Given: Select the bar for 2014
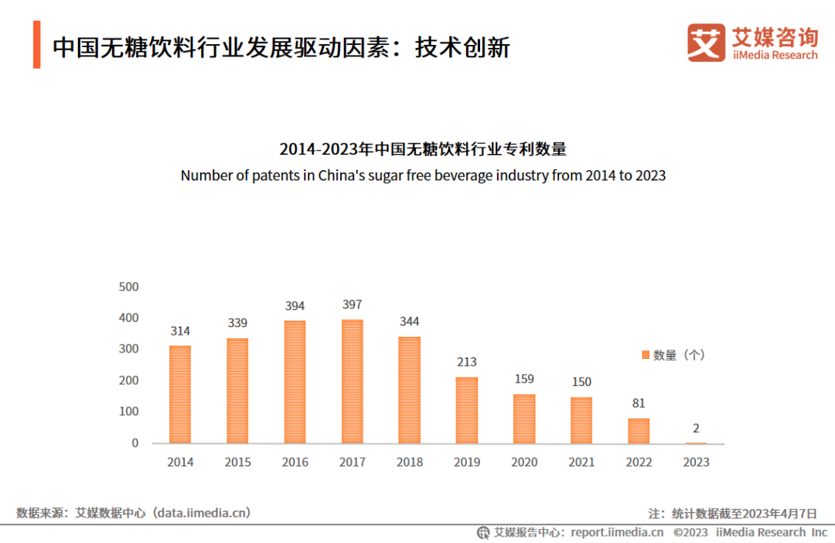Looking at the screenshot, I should [x=180, y=394].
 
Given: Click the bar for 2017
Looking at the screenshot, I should [x=352, y=381].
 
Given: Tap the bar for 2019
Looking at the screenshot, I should [x=466, y=410].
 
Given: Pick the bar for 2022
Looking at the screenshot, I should [x=639, y=431].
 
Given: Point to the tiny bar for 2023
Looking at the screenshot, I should [x=696, y=443].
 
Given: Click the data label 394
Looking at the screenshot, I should [x=295, y=306].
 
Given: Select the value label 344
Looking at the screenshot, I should [x=409, y=321].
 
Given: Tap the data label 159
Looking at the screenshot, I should [x=523, y=379].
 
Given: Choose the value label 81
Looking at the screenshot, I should [x=638, y=403].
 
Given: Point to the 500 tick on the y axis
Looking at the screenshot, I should [x=129, y=287].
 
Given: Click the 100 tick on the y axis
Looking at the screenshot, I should [x=129, y=412].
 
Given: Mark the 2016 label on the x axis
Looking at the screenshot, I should [x=295, y=463].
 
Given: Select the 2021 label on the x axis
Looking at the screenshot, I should [x=581, y=463].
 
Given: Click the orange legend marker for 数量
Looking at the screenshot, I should [x=644, y=355].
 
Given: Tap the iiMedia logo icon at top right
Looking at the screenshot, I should [x=706, y=43].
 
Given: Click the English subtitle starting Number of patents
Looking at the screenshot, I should [x=423, y=176].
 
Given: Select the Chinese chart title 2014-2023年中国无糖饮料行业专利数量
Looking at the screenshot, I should [x=423, y=149].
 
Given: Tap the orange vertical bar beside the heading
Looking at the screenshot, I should [x=36, y=45].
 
